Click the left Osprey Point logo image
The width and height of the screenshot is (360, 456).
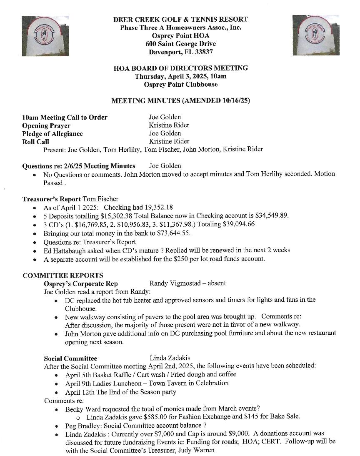click(x=45, y=36)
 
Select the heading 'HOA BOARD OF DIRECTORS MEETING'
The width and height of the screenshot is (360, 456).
click(x=180, y=68)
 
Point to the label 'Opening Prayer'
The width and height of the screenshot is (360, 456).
click(x=46, y=125)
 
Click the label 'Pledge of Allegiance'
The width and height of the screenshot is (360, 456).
click(x=52, y=134)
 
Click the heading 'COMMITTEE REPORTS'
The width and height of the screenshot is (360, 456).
click(x=63, y=276)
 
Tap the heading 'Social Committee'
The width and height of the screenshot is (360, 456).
click(x=70, y=358)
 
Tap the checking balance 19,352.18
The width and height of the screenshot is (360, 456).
click(x=157, y=208)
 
